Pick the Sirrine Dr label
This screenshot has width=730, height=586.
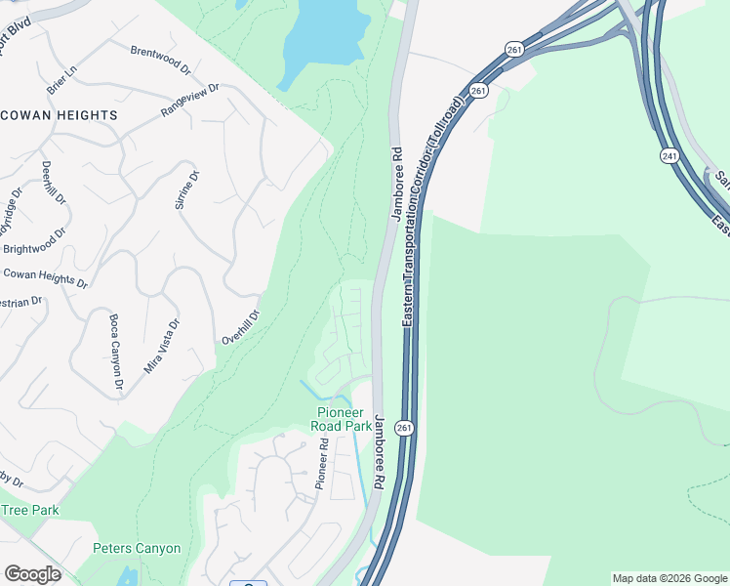pyautogui.click(x=185, y=190)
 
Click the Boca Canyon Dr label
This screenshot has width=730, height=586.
pyautogui.click(x=116, y=352)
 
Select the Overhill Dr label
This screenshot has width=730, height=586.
pyautogui.click(x=241, y=327)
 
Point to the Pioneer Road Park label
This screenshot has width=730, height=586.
pyautogui.click(x=341, y=419)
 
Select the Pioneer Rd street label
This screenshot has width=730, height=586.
pyautogui.click(x=321, y=464)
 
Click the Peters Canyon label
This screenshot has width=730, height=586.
pyautogui.click(x=137, y=549)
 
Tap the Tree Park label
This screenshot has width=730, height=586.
pyautogui.click(x=29, y=510)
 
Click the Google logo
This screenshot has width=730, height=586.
pyautogui.click(x=32, y=574)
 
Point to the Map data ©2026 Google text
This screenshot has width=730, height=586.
pyautogui.click(x=669, y=578)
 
